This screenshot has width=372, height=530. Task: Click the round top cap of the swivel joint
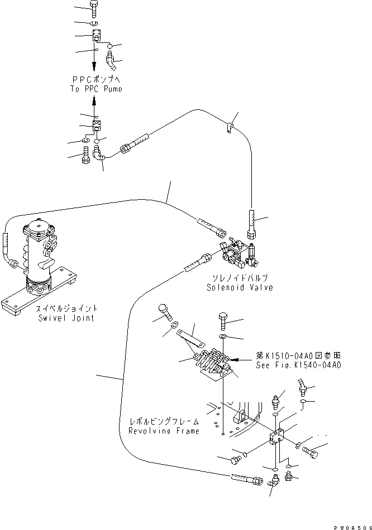pos(38,229)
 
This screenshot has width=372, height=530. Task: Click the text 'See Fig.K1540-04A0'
pos(298,365)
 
